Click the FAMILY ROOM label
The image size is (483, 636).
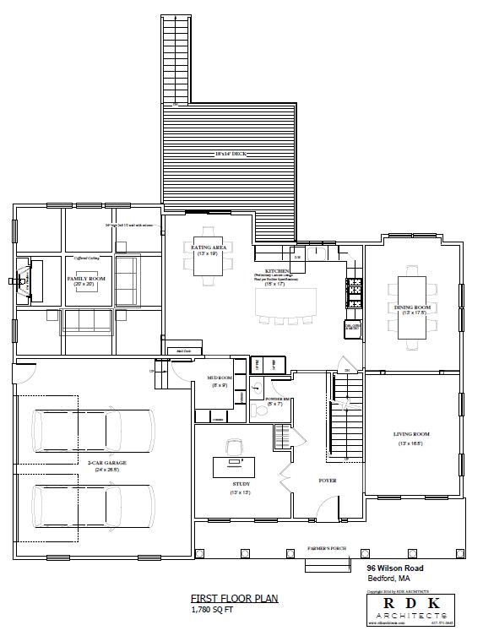tap(85, 279)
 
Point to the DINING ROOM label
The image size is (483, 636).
tap(413, 307)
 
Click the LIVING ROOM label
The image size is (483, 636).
tap(412, 435)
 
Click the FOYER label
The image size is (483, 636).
tap(328, 481)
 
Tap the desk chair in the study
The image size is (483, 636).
tap(231, 444)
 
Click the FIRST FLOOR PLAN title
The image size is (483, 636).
tap(222, 598)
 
